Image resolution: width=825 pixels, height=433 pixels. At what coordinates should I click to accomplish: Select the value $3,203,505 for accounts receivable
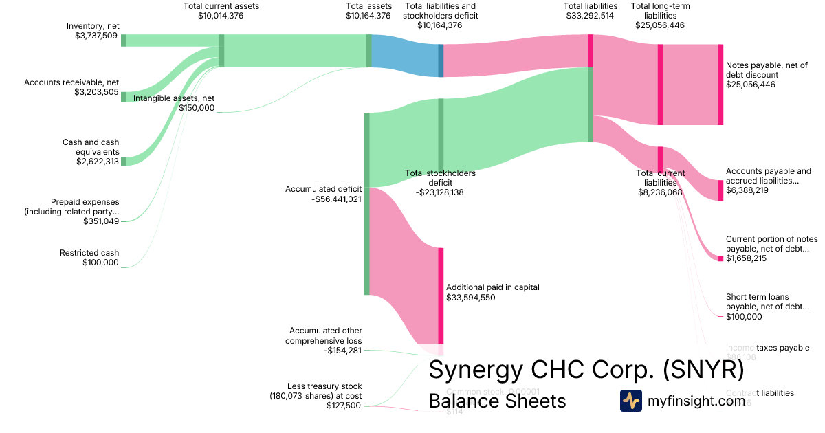point(96,91)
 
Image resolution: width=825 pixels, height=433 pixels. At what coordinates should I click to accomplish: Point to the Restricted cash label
point(89,253)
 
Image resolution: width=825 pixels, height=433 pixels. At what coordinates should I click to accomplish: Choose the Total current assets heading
point(221,6)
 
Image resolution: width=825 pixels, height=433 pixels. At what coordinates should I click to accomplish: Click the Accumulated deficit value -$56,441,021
point(336,199)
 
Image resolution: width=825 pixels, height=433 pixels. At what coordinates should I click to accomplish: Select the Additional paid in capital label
point(493,287)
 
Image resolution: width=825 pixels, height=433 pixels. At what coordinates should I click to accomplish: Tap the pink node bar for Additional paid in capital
point(441,295)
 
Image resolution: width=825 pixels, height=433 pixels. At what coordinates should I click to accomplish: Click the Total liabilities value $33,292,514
point(590,16)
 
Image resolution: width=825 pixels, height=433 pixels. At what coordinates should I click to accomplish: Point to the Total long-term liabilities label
point(657,16)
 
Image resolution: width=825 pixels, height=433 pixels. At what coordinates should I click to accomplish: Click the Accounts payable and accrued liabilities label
point(769,176)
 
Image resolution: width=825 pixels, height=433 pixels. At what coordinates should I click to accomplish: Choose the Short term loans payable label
point(767,302)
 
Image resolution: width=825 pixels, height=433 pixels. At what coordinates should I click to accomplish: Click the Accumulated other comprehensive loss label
point(325,335)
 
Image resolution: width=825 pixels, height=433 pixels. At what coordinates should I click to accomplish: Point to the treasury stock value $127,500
point(344,406)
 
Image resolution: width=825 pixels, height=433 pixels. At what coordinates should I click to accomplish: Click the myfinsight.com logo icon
point(631,401)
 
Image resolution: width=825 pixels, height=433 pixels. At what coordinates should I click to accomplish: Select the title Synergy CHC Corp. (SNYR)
point(586,370)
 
